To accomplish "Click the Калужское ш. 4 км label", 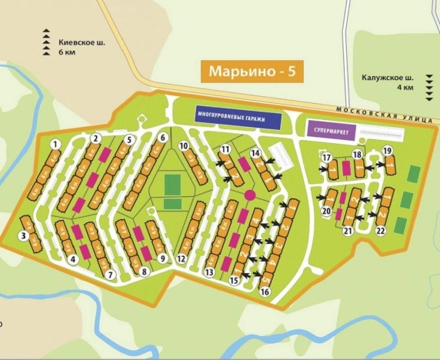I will click(388, 82).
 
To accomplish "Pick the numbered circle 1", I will click(55, 144).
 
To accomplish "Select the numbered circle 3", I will click(24, 235).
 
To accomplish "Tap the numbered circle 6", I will click(163, 138).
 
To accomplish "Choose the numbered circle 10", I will click(185, 145).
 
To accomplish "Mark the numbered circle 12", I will click(182, 258).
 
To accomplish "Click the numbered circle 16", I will click(265, 292).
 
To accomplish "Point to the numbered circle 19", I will click(388, 150).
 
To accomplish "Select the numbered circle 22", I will click(380, 230).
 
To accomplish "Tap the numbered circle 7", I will click(111, 275).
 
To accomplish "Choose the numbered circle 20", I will click(326, 211).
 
